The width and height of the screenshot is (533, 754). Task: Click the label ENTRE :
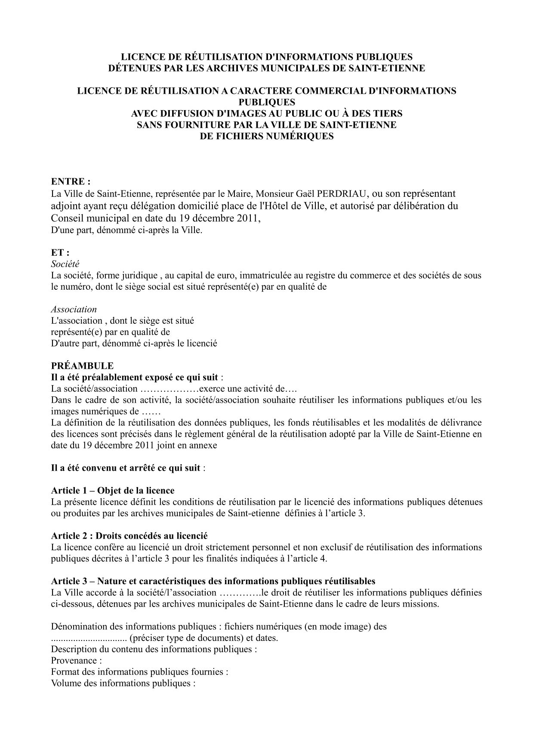pos(71,181)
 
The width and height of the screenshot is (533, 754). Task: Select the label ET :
pos(60,253)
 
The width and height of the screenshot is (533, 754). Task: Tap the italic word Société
pos(65,264)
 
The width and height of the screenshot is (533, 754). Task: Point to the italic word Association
pos(74,310)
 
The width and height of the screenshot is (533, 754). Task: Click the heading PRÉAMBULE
pos(82,366)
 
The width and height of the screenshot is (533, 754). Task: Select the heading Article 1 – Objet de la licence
pos(113,490)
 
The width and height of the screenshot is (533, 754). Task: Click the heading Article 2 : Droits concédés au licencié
pos(129,536)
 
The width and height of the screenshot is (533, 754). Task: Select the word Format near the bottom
pos(65,672)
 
